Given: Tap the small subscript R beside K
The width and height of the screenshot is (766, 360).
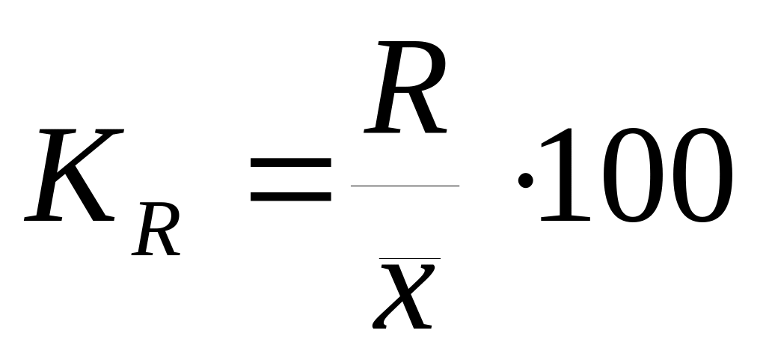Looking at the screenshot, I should point(156,231).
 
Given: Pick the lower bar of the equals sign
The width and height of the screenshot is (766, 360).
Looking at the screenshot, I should point(290,198).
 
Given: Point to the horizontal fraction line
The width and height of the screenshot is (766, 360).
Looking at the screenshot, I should point(405,185).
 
